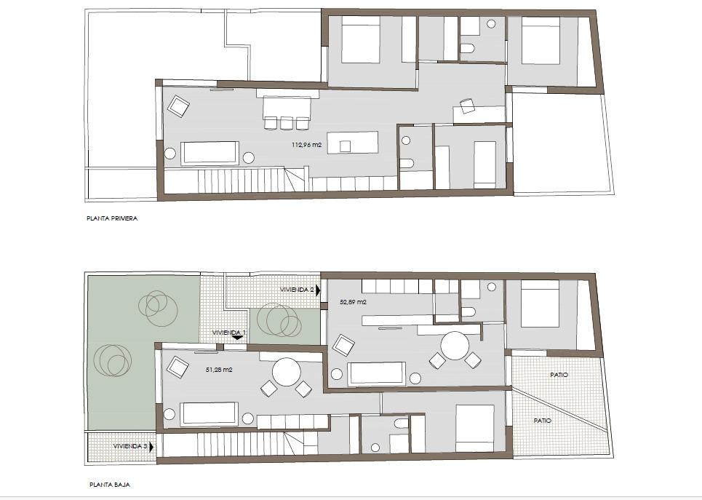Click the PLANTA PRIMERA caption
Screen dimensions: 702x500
[x=112, y=218]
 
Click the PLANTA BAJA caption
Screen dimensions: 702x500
[x=110, y=484]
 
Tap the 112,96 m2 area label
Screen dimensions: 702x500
[x=307, y=145]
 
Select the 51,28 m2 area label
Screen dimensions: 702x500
[x=219, y=370]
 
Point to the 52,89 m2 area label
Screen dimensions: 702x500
[x=354, y=302]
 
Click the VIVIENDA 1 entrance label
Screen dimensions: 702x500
[x=228, y=333]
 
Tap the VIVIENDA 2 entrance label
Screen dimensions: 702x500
[x=297, y=290]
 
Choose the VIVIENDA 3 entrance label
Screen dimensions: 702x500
[x=130, y=446]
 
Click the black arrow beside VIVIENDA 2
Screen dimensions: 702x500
[x=318, y=290]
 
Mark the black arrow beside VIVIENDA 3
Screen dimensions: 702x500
[x=151, y=447]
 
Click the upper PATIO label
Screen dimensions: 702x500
[x=559, y=375]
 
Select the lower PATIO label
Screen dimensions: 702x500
[x=543, y=421]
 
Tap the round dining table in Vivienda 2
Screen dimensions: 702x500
[x=455, y=346]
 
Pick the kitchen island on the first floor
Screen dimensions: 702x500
[x=353, y=143]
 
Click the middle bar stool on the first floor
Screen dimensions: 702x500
[x=286, y=123]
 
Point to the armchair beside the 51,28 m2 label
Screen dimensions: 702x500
[x=178, y=368]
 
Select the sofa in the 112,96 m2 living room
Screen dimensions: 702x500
[x=210, y=154]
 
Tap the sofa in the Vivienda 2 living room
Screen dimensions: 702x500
[x=377, y=373]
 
